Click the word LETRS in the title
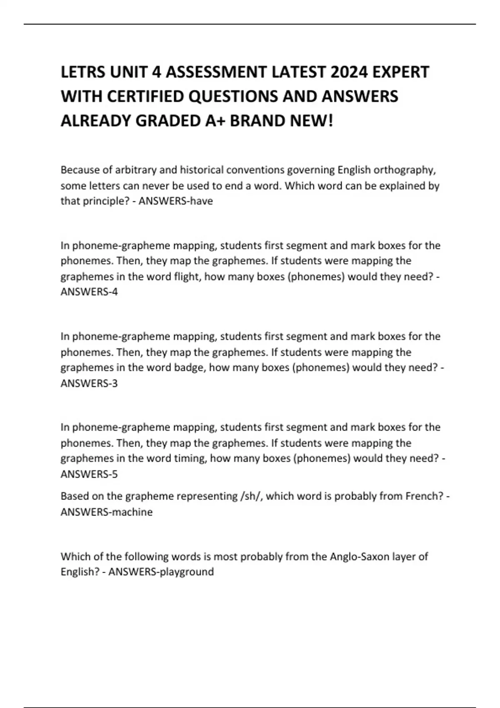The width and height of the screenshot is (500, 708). tap(83, 72)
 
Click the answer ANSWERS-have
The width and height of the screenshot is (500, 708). tap(175, 201)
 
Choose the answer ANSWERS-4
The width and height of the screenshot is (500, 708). tap(89, 292)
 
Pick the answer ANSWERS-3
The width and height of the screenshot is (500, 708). tap(89, 383)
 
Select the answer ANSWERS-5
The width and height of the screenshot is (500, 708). tap(89, 474)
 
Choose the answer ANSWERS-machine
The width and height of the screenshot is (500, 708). tap(107, 512)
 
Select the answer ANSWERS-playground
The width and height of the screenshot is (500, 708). tap(161, 572)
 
